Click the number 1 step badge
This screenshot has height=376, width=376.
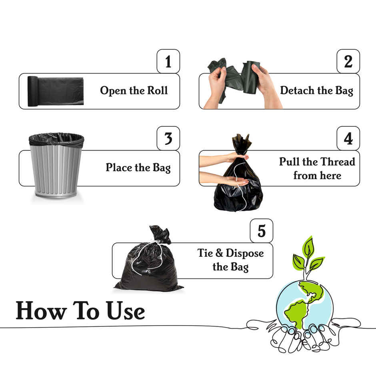[168, 61]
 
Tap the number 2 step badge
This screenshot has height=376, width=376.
[348, 61]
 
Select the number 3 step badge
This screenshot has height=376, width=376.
[168, 138]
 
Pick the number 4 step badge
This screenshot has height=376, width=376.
[348, 138]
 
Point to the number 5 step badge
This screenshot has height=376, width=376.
[261, 231]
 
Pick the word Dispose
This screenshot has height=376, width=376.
[244, 253]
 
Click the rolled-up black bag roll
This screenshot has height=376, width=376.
[55, 91]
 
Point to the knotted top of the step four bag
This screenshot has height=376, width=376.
[242, 144]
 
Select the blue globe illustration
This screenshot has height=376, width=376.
[304, 304]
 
